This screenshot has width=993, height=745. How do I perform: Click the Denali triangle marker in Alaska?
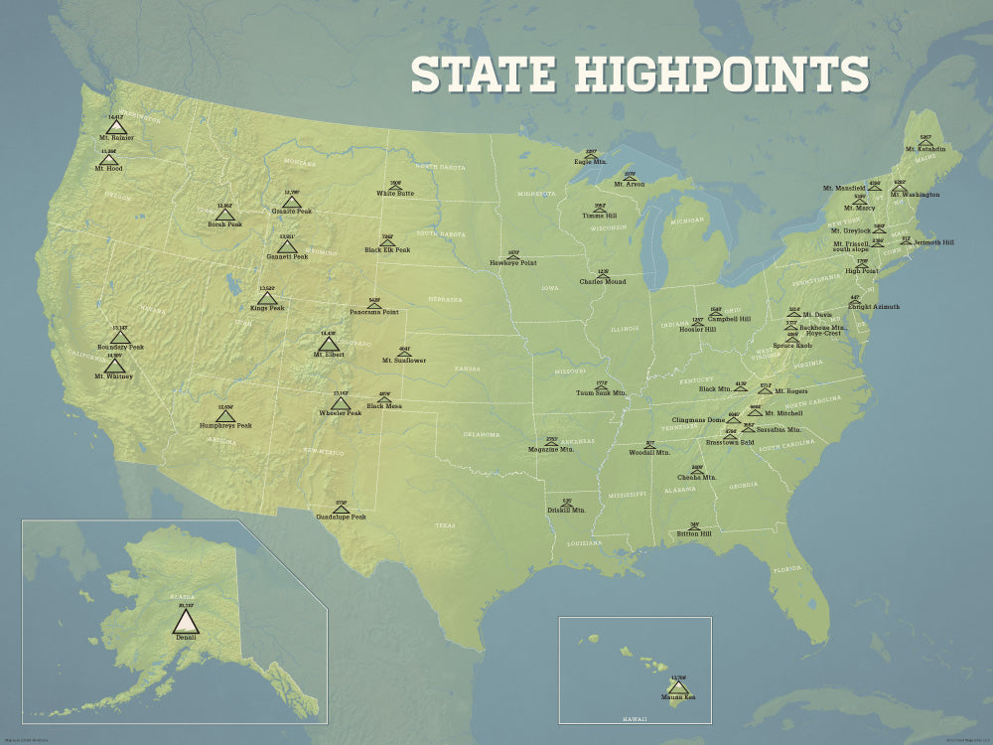pyautogui.click(x=186, y=622)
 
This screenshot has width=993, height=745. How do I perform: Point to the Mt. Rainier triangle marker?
pyautogui.click(x=116, y=127)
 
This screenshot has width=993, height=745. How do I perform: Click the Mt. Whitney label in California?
pyautogui.click(x=113, y=377)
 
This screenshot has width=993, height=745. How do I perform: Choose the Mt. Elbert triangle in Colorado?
pyautogui.click(x=330, y=344)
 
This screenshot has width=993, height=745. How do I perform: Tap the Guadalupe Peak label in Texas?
pyautogui.click(x=341, y=518)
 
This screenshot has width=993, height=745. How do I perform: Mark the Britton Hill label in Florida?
pyautogui.click(x=694, y=534)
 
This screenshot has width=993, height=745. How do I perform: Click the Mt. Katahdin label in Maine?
pyautogui.click(x=924, y=150)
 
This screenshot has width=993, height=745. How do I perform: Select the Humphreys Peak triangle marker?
pyautogui.click(x=224, y=416)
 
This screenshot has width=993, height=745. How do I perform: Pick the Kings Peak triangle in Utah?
pyautogui.click(x=266, y=298)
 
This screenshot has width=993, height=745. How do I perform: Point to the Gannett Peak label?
pyautogui.click(x=287, y=256)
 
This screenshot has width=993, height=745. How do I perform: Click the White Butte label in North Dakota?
pyautogui.click(x=395, y=194)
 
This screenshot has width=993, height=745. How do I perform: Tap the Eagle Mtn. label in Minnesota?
pyautogui.click(x=590, y=161)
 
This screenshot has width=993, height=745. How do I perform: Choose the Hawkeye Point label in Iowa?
pyautogui.click(x=512, y=263)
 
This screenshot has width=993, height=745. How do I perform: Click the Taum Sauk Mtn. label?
pyautogui.click(x=602, y=393)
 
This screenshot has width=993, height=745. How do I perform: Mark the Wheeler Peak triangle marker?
pyautogui.click(x=341, y=403)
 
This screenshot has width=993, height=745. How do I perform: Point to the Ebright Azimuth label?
pyautogui.click(x=873, y=307)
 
